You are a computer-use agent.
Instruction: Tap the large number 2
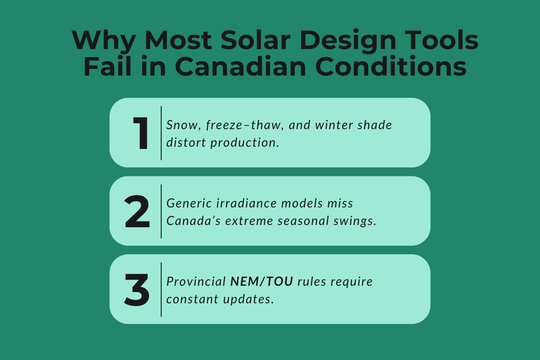tap(137, 211)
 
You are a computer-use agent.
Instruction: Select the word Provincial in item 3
tap(196, 282)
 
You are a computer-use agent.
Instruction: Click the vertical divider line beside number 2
tap(161, 211)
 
